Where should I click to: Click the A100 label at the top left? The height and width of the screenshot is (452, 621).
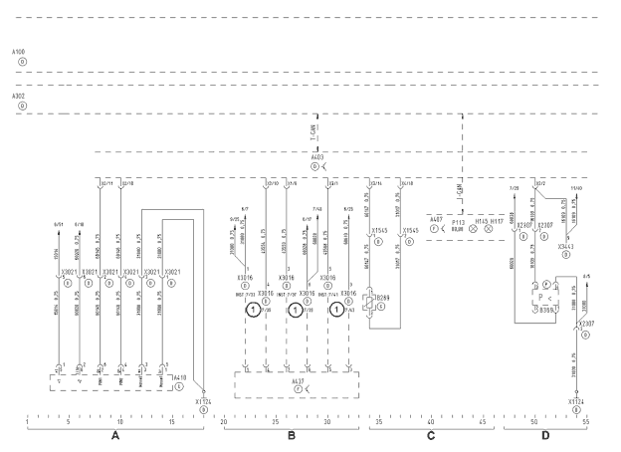coord(18,49)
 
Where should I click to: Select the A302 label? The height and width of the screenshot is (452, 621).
coord(18,97)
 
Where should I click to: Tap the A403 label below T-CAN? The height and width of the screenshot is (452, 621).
coord(316,157)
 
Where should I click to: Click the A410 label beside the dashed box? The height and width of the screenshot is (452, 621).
coord(178,377)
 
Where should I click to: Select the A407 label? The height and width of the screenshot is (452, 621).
coord(436,220)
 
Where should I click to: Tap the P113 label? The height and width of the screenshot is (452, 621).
coord(459,221)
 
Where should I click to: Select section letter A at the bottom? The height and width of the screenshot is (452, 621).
coord(115,436)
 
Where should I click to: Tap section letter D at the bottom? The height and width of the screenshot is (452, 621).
coord(544,436)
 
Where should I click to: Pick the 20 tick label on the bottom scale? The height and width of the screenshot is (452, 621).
coord(223,421)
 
